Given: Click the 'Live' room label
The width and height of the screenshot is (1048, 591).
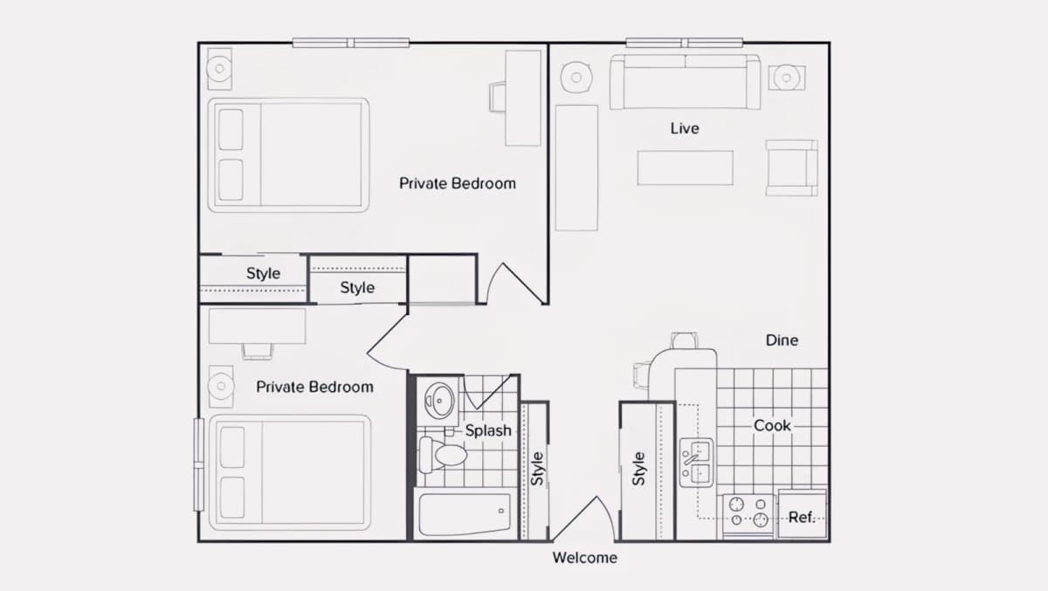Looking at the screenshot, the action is pos(685,128).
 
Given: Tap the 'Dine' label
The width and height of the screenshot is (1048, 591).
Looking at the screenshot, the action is pos(782,340).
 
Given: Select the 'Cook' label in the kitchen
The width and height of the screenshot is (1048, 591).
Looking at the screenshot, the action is pos(772,425).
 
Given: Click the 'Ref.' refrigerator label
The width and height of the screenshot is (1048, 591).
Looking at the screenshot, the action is pos(802,517).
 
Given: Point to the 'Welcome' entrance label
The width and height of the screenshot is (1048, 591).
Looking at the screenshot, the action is pos(585,557).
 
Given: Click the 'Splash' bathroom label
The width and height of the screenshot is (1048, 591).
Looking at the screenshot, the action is pos(488,430).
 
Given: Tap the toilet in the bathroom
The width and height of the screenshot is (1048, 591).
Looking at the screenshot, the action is pos(443,455).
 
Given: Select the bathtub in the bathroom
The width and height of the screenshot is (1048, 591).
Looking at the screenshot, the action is pos(465,515).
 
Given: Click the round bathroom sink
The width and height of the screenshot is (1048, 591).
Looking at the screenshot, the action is pos(439,401).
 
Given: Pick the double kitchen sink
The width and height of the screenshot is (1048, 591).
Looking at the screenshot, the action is pos(696,463).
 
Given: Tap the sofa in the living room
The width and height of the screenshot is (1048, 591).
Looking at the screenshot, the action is pos(685,82).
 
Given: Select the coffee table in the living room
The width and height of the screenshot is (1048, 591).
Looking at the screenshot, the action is pos(685,168).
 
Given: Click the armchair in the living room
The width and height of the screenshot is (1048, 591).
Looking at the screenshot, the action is pos(791,168).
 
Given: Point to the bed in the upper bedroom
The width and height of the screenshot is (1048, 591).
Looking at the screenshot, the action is pos(289,155).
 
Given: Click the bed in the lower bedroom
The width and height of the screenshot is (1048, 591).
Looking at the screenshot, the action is pos(290,472).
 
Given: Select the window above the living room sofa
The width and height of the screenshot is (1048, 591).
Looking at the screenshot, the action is pos(685,43).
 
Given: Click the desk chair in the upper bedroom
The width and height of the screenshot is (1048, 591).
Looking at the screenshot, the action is pos(497,97).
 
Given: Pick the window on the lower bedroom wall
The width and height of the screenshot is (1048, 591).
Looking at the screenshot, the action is pos(199,464).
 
